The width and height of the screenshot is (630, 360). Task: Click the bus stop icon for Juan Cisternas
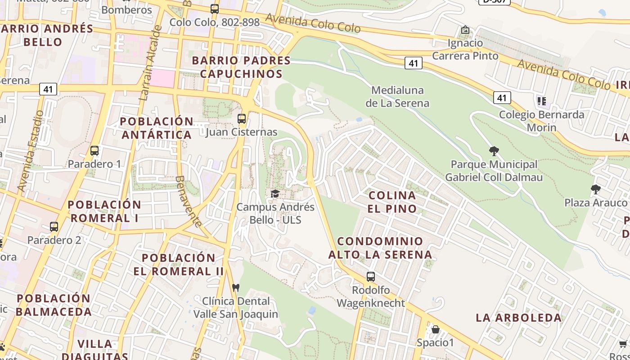click(242, 119)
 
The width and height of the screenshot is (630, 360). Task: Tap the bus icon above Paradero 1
click(94, 151)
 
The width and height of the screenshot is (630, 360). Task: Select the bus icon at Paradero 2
click(54, 227)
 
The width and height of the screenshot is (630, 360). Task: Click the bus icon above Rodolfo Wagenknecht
click(371, 277)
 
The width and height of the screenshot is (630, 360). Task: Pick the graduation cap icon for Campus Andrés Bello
click(274, 193)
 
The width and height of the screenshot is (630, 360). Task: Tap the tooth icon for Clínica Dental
click(235, 288)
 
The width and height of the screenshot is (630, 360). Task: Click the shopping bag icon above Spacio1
click(435, 329)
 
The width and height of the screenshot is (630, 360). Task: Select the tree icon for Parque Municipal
click(494, 151)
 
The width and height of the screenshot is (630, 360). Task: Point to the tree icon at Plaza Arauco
click(596, 189)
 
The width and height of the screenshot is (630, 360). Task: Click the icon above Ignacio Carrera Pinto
click(465, 30)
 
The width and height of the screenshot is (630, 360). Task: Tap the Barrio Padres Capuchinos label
click(241, 67)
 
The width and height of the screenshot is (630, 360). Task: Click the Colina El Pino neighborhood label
click(392, 202)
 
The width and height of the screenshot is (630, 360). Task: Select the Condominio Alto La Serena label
click(380, 248)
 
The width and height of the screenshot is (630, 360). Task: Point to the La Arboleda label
click(519, 318)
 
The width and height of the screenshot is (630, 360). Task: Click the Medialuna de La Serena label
click(397, 97)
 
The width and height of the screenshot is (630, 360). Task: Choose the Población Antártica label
click(157, 128)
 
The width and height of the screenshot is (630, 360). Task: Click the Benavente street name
click(188, 201)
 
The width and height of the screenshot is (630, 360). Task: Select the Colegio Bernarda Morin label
click(541, 121)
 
